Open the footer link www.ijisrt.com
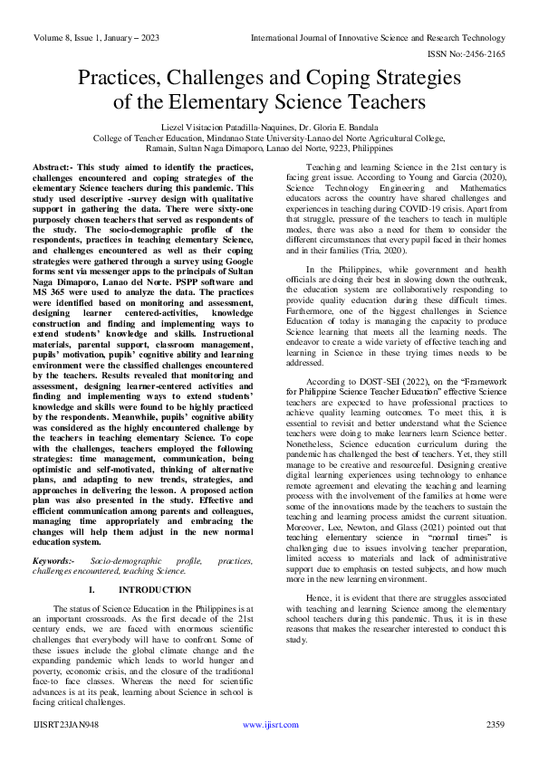[x=267, y=725]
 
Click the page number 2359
[x=495, y=725]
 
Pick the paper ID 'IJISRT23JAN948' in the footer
[x=66, y=725]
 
